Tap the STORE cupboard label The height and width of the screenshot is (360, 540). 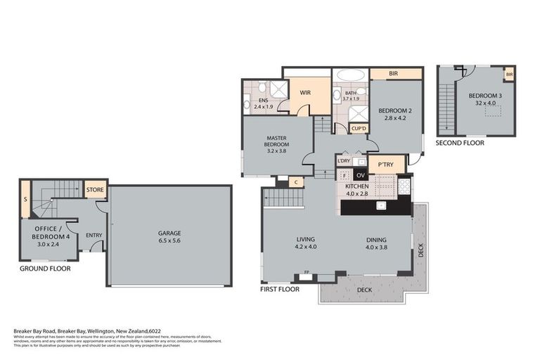coord(95,189)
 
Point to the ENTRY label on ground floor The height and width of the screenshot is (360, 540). coord(94,236)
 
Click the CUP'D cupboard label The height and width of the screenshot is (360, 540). coord(359,129)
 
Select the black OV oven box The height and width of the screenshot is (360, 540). coord(361,175)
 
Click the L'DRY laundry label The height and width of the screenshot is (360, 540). coord(344,161)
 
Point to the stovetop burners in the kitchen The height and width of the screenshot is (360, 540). coord(406,186)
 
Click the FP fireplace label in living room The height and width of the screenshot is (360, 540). coord(306,272)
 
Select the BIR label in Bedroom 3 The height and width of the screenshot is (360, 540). coord(508,74)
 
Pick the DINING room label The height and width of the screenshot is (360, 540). coord(376,239)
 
